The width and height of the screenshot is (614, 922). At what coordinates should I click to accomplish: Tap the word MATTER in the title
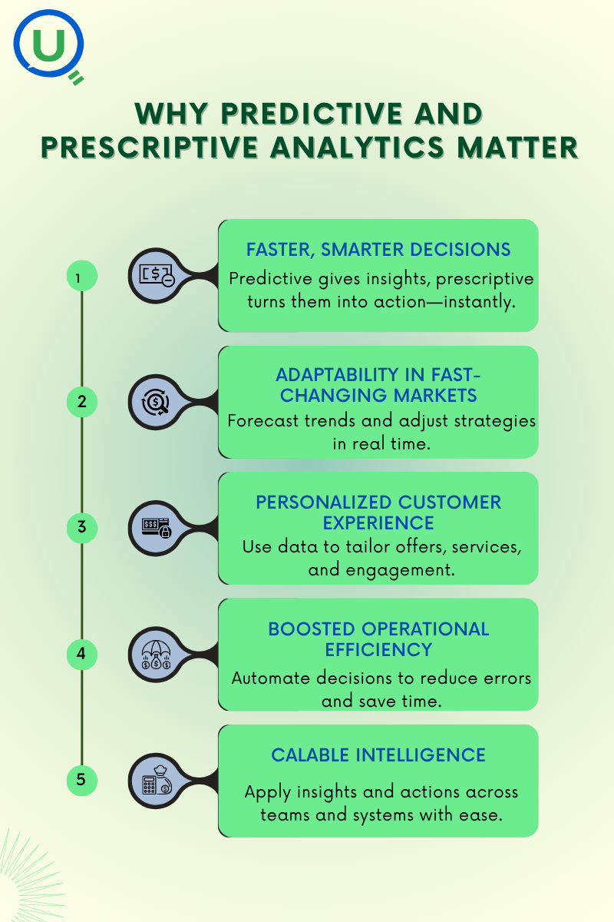[x=517, y=148]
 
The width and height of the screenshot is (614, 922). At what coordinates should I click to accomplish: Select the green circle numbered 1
[x=82, y=276]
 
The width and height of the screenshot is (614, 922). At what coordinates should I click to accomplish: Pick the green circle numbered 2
[x=82, y=402]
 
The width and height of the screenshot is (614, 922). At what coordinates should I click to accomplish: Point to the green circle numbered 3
[x=82, y=528]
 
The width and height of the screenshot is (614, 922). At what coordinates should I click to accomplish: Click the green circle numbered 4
[x=82, y=654]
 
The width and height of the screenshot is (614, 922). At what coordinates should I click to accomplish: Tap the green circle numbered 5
[x=82, y=780]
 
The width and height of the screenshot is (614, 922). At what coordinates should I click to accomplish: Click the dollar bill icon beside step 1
[x=157, y=275]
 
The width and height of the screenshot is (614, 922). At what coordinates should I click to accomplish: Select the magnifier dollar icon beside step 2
[x=156, y=402]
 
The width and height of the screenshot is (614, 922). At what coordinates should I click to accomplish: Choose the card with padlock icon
[x=157, y=528]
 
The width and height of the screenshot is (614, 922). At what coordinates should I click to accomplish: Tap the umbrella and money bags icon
[x=156, y=655]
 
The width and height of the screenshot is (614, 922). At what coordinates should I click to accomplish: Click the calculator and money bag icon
[x=157, y=781]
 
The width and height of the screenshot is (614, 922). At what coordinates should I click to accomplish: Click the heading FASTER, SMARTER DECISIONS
[x=378, y=250]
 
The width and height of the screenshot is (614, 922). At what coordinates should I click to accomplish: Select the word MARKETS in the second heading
[x=435, y=396]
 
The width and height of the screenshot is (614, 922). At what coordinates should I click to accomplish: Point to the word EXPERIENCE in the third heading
[x=378, y=523]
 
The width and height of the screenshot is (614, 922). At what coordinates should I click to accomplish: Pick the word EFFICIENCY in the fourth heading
[x=378, y=650]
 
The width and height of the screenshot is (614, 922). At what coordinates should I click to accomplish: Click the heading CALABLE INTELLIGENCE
[x=378, y=755]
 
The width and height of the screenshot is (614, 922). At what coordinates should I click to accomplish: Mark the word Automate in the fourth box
[x=270, y=678]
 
